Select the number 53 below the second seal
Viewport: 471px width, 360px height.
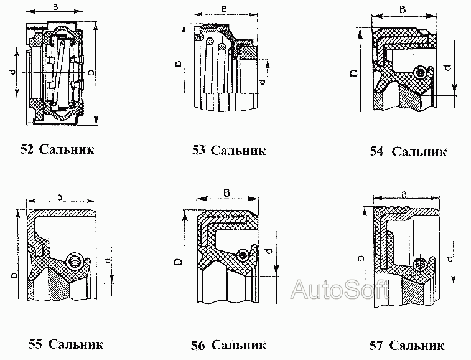[199, 150]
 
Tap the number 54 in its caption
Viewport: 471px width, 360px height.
[376, 151]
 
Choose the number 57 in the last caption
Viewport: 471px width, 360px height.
[376, 345]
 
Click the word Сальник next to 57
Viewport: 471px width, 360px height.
[418, 345]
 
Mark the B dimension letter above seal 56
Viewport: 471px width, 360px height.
[226, 192]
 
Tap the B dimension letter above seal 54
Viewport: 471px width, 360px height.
[402, 9]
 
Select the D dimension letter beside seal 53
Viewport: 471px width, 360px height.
[178, 63]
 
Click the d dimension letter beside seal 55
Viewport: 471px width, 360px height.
[108, 260]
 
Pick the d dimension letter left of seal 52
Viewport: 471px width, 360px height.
[13, 73]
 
